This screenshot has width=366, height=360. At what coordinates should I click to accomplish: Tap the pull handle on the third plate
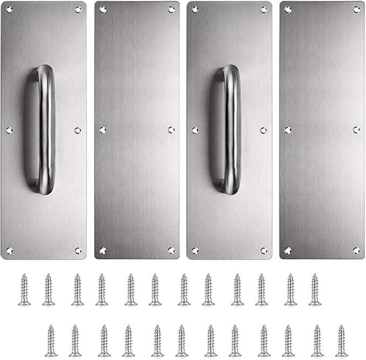click(x=232, y=129)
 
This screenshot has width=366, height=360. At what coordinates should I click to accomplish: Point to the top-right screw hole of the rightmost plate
click(x=356, y=9)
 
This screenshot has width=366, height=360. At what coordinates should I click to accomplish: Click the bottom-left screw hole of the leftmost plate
click(x=9, y=250)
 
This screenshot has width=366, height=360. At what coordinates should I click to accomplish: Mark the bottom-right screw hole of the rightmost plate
click(x=356, y=250)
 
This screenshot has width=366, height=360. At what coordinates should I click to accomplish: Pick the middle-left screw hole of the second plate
click(x=102, y=130)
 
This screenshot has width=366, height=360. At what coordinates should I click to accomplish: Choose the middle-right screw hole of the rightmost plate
click(x=356, y=130)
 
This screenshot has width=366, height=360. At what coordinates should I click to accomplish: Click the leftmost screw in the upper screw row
click(x=24, y=289)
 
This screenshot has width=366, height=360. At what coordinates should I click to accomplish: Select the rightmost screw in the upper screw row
click(x=315, y=289)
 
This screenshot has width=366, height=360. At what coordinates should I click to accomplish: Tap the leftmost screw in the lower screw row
click(x=50, y=341)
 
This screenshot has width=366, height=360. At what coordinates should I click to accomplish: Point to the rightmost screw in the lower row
click(x=341, y=341)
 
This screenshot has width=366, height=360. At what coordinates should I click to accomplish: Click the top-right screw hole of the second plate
click(x=171, y=9)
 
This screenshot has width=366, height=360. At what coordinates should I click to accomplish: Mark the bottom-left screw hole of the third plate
click(x=195, y=250)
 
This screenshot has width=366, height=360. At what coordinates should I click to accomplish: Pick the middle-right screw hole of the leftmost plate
click(x=78, y=130)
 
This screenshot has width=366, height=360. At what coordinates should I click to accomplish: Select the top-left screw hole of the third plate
click(x=195, y=10)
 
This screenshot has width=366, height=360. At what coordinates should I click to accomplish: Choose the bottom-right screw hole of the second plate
click(x=171, y=250)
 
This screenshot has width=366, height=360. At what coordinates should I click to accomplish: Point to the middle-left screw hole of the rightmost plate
click(x=288, y=130)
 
